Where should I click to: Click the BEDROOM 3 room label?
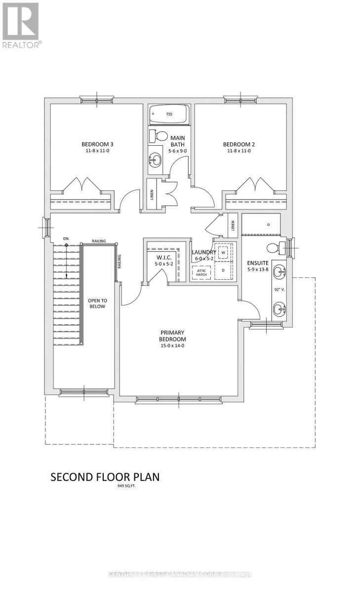pos(97,144)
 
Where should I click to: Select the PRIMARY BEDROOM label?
pos(172,336)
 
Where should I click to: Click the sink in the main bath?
pos(155,159)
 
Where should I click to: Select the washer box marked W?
pos(223,253)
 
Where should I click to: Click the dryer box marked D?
pos(223,270)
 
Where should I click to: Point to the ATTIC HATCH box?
pos(201,273)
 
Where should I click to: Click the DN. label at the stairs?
pos(67,239)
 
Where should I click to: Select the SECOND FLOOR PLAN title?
pos(105,477)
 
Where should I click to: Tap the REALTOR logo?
pos(21,25)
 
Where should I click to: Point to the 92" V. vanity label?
pos(280,291)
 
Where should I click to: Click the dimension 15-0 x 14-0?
pos(172,345)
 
